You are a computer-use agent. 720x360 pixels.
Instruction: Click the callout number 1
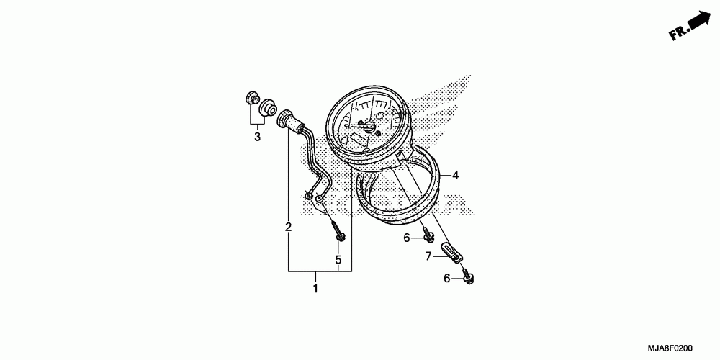315,289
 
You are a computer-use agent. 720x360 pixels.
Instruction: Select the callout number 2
289,228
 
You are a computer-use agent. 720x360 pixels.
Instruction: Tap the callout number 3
257,136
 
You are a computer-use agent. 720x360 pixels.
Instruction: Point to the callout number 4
455,175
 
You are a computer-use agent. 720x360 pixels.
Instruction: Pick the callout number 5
338,258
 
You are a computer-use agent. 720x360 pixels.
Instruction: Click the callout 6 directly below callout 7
446,278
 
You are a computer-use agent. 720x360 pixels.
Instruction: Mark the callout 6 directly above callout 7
406,238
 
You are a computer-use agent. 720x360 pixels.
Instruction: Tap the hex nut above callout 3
252,100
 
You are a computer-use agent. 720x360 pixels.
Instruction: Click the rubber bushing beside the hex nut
269,107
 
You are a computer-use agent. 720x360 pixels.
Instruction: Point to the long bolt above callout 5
338,230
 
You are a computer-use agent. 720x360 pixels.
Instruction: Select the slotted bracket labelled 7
452,252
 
